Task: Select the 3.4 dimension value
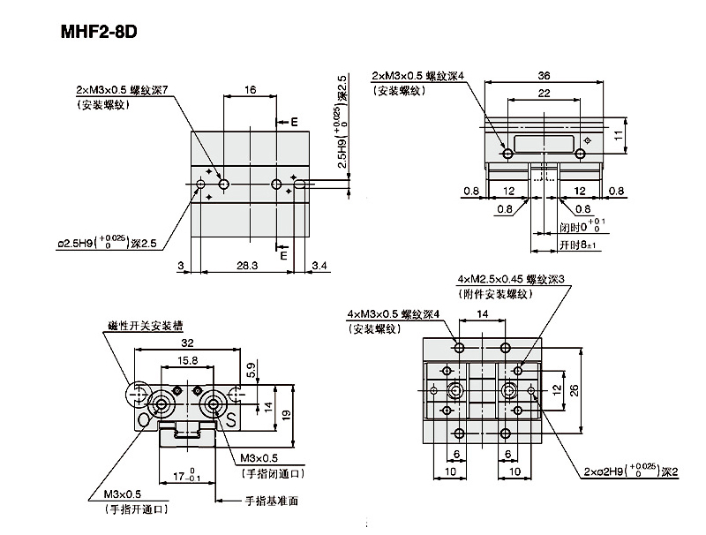(321, 265)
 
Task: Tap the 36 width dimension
(544, 76)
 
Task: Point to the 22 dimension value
(544, 94)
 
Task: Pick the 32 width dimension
(186, 345)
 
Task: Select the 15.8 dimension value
(186, 360)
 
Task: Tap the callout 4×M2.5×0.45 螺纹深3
(510, 279)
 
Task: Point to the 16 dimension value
(251, 89)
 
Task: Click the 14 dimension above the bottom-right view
(482, 313)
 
